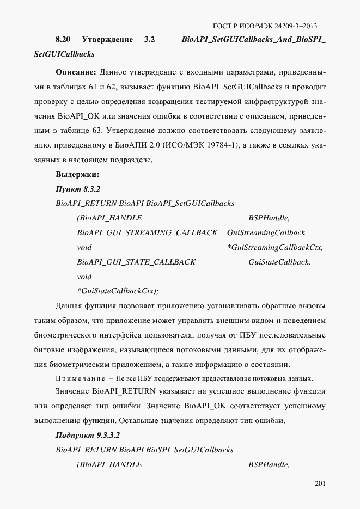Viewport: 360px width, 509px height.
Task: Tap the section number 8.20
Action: point(63,40)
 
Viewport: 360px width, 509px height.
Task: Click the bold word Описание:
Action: point(76,72)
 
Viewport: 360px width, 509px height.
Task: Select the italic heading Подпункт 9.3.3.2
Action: point(88,436)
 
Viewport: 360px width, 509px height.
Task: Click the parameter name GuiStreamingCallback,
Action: point(267,233)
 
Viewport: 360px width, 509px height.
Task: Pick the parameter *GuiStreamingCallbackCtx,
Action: point(275,248)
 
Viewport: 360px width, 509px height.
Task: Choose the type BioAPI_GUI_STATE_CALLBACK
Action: point(136,262)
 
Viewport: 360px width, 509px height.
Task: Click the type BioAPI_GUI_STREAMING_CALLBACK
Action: point(147,233)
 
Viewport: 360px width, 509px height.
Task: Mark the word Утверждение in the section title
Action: point(107,40)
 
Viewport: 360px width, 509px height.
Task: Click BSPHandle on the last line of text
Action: point(269,464)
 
